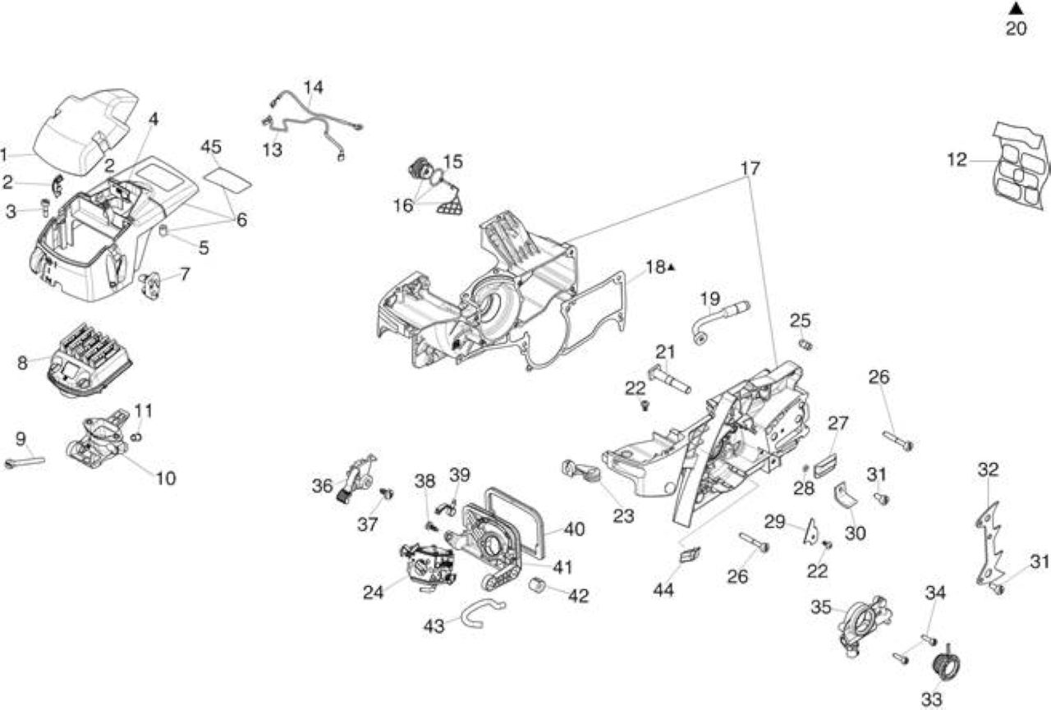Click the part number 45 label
point(211,147)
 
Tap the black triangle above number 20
point(1016,7)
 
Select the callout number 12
point(957,160)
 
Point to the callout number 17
point(750,168)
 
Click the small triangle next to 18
point(672,268)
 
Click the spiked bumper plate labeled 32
point(989,544)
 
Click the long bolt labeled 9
point(25,462)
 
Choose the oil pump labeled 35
point(865,625)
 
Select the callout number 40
point(574,529)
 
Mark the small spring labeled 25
point(805,346)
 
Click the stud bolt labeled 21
point(669,380)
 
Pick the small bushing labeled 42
point(538,584)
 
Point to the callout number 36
point(323,486)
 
